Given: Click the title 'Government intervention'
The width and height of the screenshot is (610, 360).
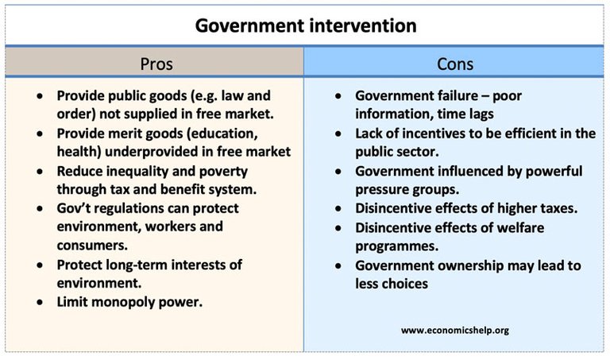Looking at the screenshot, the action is coord(306,25).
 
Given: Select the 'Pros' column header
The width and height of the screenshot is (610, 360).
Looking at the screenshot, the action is coord(156,64).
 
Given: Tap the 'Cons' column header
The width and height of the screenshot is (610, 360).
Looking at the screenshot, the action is coord(455,64).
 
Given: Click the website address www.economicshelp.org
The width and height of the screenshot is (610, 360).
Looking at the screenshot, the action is coord(455,331).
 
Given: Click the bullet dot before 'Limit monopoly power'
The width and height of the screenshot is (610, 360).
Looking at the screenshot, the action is coord(40,302).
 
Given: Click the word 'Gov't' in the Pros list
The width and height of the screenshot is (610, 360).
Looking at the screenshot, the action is coord(74,208).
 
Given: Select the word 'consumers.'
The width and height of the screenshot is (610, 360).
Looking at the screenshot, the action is coord(92,246).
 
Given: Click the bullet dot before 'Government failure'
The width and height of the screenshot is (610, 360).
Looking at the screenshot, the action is coord(338,95).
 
